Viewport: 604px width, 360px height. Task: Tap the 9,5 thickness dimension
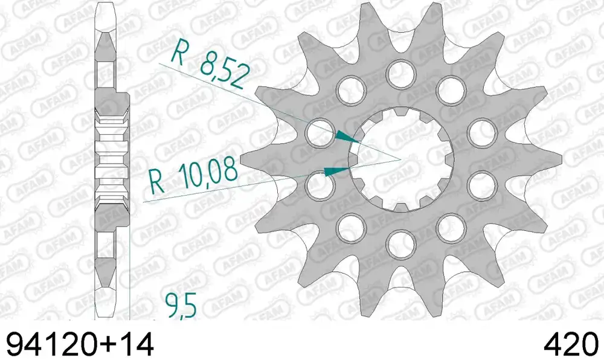pyautogui.click(x=181, y=305)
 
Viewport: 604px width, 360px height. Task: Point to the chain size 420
pyautogui.click(x=571, y=344)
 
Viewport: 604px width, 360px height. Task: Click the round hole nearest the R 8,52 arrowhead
pyautogui.click(x=320, y=132)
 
